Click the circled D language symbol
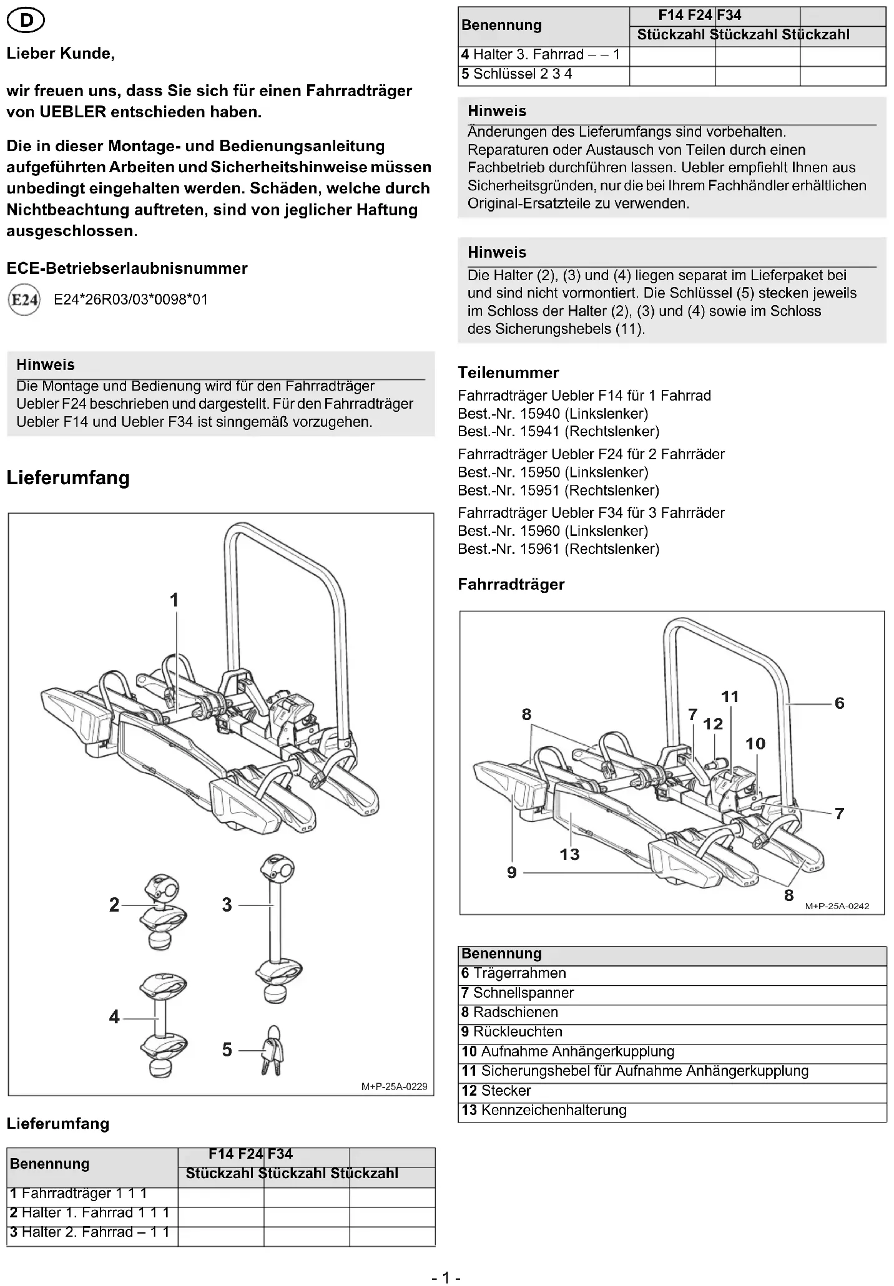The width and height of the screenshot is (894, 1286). (26, 21)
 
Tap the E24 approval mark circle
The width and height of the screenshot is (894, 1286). (24, 300)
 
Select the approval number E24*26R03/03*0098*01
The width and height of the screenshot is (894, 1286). (130, 300)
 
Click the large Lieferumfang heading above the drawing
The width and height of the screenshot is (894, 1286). (68, 478)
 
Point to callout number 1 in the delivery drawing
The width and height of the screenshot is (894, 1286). (175, 600)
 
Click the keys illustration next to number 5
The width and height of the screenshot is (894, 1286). (272, 1051)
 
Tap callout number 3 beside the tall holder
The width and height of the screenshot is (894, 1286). (227, 905)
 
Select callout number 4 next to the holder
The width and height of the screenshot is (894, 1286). (114, 1017)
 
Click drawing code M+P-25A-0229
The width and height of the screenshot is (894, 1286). (394, 1086)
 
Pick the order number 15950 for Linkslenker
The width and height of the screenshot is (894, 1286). (539, 472)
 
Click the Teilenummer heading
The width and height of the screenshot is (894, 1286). (508, 373)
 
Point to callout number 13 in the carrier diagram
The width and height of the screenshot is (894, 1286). (569, 854)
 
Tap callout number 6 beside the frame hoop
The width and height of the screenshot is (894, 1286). (839, 703)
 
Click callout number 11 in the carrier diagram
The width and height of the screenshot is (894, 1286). (730, 696)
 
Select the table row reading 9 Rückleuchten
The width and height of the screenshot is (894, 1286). (512, 1032)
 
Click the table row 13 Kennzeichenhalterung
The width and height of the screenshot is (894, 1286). (544, 1110)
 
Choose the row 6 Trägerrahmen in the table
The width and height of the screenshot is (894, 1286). (514, 973)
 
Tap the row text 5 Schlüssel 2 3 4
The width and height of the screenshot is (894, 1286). (517, 74)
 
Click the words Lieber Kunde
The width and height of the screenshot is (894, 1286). (61, 54)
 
